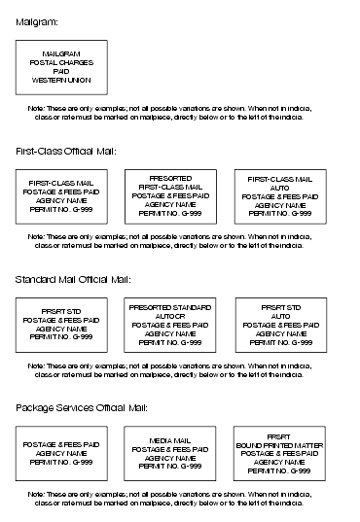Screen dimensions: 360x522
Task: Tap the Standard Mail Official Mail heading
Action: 72,279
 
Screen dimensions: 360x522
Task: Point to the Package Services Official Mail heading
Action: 82,407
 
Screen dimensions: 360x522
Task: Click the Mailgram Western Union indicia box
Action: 61,66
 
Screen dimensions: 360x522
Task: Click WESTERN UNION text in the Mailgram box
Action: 61,80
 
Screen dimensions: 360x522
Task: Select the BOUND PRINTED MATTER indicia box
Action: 279,453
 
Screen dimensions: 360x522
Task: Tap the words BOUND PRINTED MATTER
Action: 279,444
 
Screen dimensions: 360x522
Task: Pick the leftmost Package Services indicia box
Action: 61,453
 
